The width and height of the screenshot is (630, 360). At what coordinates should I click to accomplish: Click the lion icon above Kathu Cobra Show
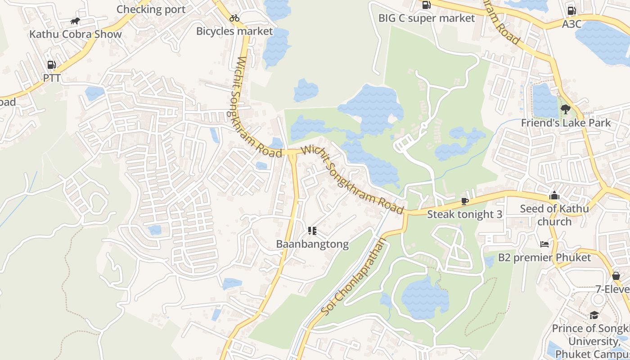[x=75, y=21]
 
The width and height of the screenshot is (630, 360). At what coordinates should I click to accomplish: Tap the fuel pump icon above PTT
[x=51, y=65]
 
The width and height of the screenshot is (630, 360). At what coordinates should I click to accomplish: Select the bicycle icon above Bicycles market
[x=234, y=18]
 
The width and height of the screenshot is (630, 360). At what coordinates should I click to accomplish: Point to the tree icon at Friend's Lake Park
[x=566, y=109]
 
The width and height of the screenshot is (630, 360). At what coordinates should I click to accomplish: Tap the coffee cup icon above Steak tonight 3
[x=464, y=201]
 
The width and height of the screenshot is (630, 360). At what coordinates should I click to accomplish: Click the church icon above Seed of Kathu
[x=554, y=196]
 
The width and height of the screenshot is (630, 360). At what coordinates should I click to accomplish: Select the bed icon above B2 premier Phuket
[x=544, y=244]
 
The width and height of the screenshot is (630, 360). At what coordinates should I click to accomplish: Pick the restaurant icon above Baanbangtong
[x=312, y=231]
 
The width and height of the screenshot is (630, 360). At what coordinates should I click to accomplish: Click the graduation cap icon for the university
[x=594, y=315]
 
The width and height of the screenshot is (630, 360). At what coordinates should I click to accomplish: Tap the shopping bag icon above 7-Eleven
[x=616, y=275]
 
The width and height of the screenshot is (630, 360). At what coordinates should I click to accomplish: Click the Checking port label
[x=151, y=9]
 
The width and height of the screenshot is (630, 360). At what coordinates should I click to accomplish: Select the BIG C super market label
[x=427, y=18]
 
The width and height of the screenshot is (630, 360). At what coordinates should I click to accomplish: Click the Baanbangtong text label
[x=312, y=244]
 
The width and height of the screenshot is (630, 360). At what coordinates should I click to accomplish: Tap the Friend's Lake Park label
[x=566, y=123]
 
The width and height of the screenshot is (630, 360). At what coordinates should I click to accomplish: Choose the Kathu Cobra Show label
[x=76, y=34]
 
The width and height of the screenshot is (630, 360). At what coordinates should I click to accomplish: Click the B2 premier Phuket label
[x=544, y=257]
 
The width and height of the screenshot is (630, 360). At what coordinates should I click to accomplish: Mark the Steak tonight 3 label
[x=464, y=214]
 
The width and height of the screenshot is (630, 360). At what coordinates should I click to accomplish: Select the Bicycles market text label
[x=234, y=31]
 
